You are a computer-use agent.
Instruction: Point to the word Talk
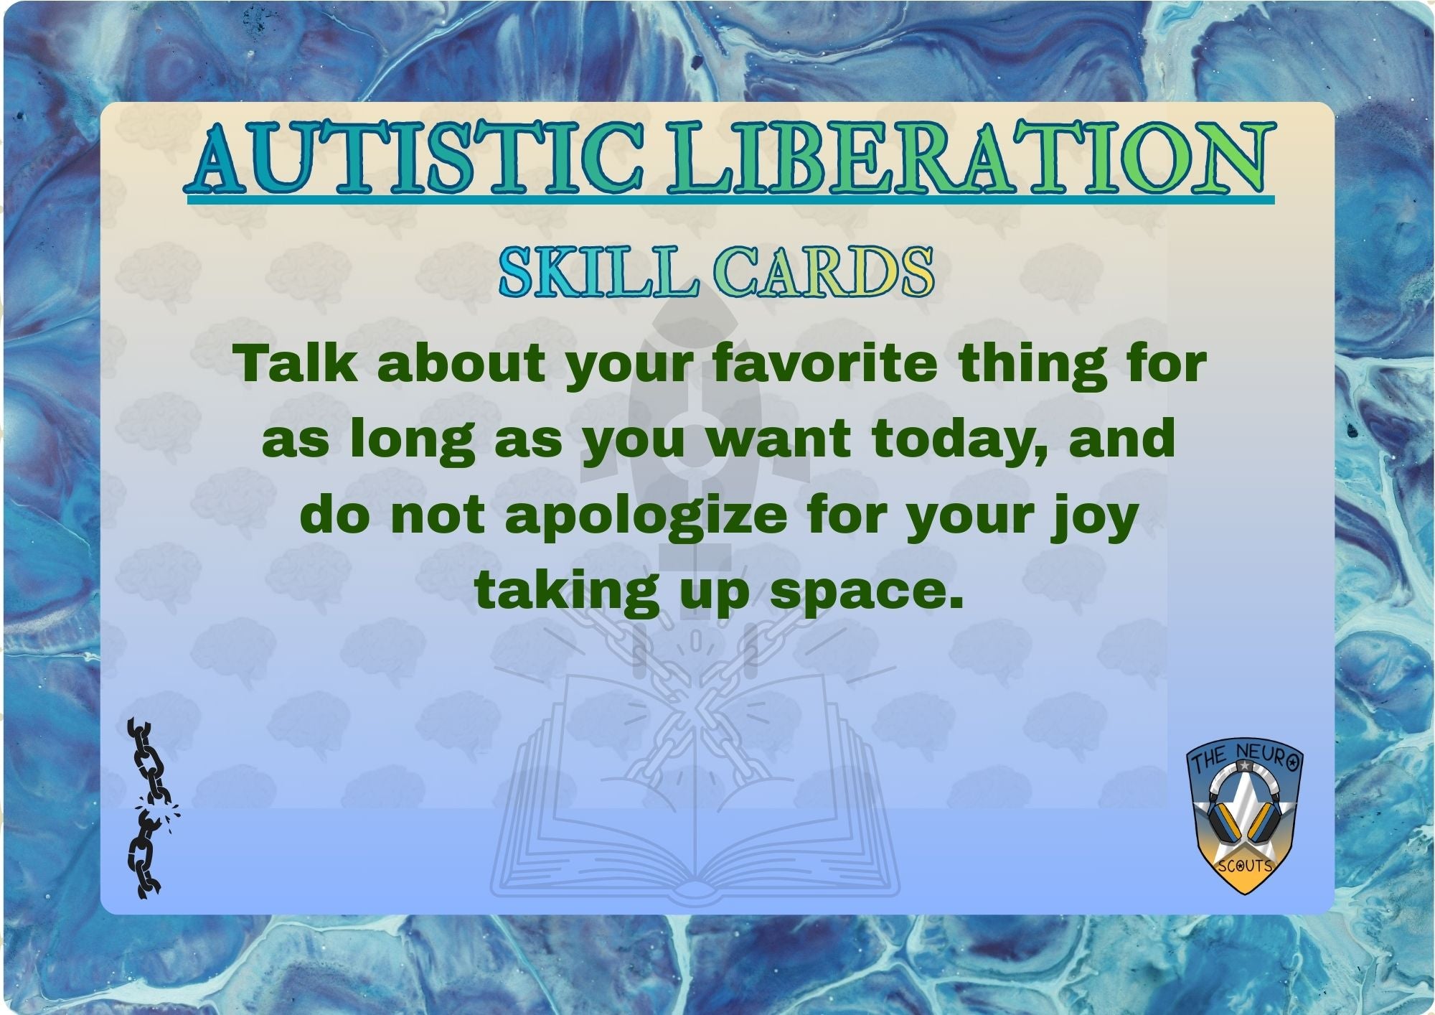(297, 364)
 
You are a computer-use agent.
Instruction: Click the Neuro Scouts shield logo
(1245, 818)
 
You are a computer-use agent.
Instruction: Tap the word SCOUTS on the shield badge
(1245, 866)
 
